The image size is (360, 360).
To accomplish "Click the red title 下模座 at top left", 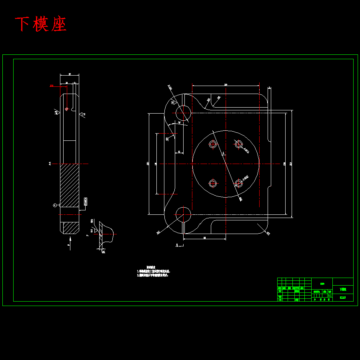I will click(x=41, y=24).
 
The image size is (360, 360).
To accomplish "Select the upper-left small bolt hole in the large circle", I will click(x=213, y=144).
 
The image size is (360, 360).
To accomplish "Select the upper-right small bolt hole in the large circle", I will click(x=239, y=144).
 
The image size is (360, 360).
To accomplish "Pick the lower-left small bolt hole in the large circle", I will click(x=213, y=183).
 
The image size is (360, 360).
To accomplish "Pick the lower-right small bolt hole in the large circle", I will click(x=239, y=183).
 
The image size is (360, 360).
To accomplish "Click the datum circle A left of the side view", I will click(x=55, y=205).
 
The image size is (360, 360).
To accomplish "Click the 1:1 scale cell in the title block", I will click(x=330, y=296).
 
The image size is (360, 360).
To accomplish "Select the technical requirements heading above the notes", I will click(x=151, y=267).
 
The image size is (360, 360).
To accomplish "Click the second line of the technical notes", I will click(x=153, y=275).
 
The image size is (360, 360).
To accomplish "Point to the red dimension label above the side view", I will click(x=52, y=86).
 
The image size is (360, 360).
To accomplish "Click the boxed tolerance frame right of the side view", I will click(x=85, y=202).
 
